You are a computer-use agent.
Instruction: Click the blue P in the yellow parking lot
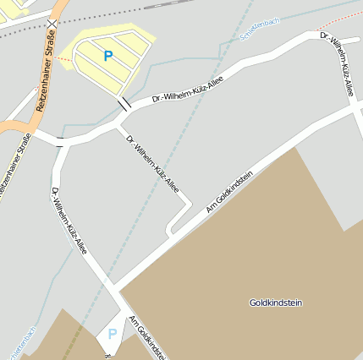[107, 56]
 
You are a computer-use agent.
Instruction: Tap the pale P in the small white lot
[112, 335]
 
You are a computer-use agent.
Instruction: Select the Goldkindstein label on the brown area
[276, 303]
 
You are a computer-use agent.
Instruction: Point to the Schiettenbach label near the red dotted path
[259, 31]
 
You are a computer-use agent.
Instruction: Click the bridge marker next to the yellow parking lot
[124, 104]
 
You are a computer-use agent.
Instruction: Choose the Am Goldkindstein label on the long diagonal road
[228, 190]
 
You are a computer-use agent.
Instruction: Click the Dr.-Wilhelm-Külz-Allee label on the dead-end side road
[152, 162]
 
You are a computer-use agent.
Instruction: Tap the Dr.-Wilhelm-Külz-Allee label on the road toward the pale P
[69, 220]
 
